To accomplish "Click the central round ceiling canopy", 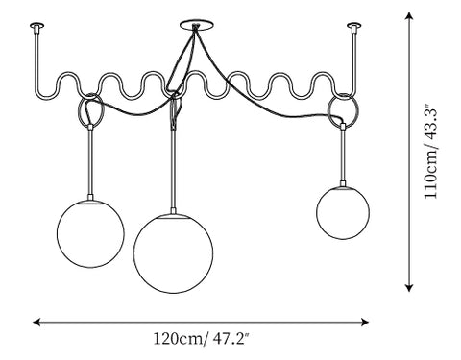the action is click(196, 26).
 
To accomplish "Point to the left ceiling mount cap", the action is click(36, 25).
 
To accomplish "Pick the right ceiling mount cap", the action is click(354, 25).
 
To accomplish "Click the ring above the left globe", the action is click(79, 110).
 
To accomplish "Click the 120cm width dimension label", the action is click(201, 339).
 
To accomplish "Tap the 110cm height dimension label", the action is click(431, 151).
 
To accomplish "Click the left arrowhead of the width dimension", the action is click(36, 322).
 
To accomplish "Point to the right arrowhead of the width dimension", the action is click(365, 322).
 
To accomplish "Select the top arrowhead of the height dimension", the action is click(408, 16).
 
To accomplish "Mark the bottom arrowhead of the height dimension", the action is click(408, 288).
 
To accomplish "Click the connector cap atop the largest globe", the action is click(173, 211).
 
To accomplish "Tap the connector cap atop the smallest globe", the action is click(343, 184).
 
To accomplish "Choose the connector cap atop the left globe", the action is click(90, 197).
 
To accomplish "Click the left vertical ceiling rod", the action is click(36, 60).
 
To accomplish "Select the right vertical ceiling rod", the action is click(354, 60).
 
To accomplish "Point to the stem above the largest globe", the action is click(173, 168).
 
